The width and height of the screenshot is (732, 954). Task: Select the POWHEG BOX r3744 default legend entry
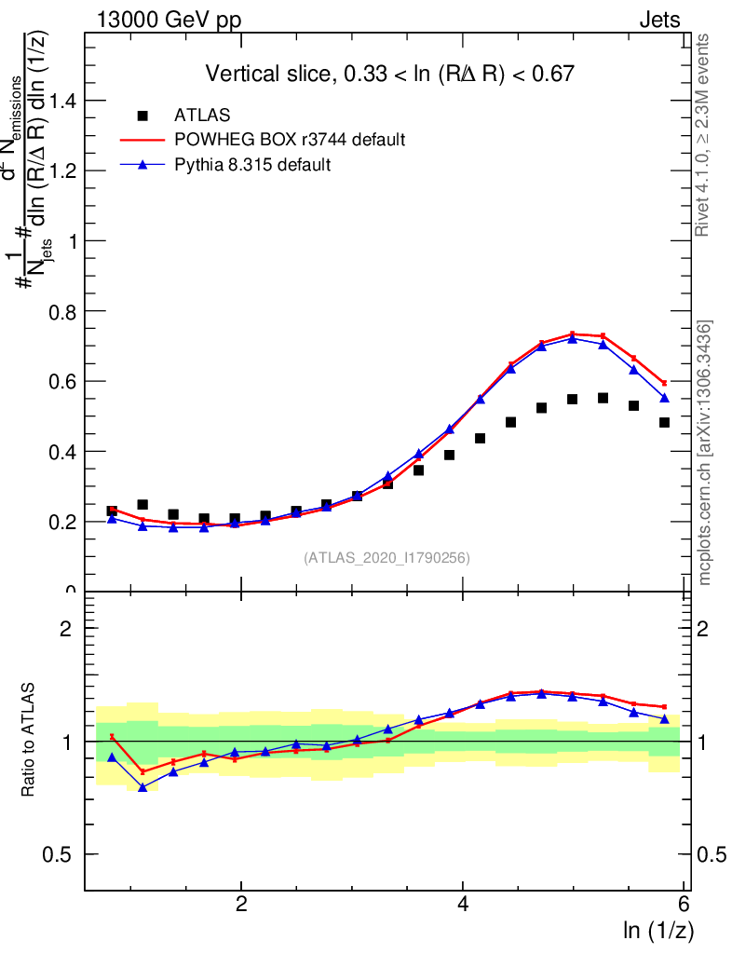coord(290,140)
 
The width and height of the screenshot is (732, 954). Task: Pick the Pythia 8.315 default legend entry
coord(252,164)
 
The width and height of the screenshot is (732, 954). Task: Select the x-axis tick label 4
coord(464,905)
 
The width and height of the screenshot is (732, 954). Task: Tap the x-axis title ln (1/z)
coord(657,930)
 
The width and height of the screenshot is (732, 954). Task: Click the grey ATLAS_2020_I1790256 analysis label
coord(386,558)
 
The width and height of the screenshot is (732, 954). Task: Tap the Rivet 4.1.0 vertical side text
coord(705,135)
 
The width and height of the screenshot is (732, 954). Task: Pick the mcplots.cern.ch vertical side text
coord(705,453)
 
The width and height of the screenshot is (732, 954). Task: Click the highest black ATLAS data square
coord(603,398)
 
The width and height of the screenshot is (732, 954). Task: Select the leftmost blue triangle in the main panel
coord(112,518)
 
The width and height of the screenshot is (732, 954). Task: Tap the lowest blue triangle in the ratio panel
coord(142,787)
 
